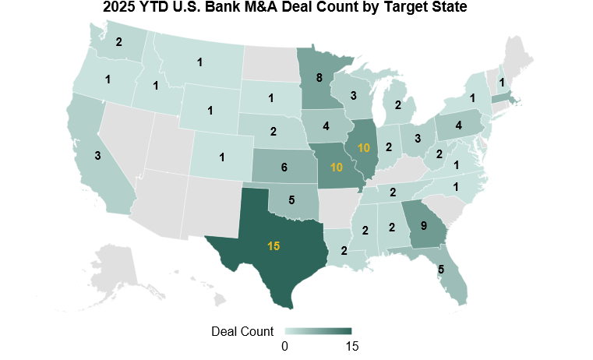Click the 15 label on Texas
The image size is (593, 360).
274,246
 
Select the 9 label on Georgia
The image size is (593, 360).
423,227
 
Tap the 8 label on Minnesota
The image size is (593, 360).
319,78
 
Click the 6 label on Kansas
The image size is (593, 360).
284,168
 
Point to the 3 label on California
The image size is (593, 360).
97,156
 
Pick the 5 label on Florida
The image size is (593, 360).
441,270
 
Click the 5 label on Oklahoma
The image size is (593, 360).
291,199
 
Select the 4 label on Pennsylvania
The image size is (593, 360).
458,125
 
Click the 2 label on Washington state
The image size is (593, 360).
118,42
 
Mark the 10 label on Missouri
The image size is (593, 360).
337,168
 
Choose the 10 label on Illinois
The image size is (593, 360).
364,147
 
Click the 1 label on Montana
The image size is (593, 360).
200,62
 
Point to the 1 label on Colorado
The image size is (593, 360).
222,157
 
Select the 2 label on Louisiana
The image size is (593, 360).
344,250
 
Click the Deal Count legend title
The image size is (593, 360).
242,330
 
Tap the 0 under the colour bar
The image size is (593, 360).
285,345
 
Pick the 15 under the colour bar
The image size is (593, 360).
351,345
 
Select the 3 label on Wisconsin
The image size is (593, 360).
353,96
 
